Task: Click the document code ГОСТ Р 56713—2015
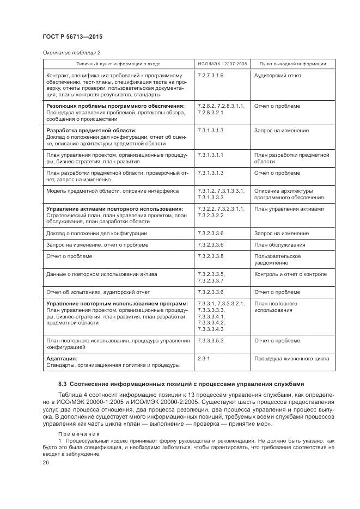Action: pyautogui.click(x=72, y=36)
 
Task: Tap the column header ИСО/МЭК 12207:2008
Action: pyautogui.click(x=222, y=64)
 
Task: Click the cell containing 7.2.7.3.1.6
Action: pyautogui.click(x=211, y=76)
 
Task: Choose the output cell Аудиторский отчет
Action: pyautogui.click(x=277, y=76)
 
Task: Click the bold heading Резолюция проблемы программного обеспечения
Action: pyautogui.click(x=115, y=106)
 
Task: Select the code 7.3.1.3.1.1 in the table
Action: pyautogui.click(x=211, y=155)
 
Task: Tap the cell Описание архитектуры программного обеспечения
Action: pyautogui.click(x=283, y=194)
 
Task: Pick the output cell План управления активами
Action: pyautogui.click(x=289, y=208)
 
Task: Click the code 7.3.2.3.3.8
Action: pyautogui.click(x=211, y=256)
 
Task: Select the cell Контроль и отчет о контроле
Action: pyautogui.click(x=290, y=274)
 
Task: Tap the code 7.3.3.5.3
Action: pyautogui.click(x=211, y=340)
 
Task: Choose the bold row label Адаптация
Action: pyautogui.click(x=62, y=358)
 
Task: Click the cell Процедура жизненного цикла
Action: pyautogui.click(x=291, y=359)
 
